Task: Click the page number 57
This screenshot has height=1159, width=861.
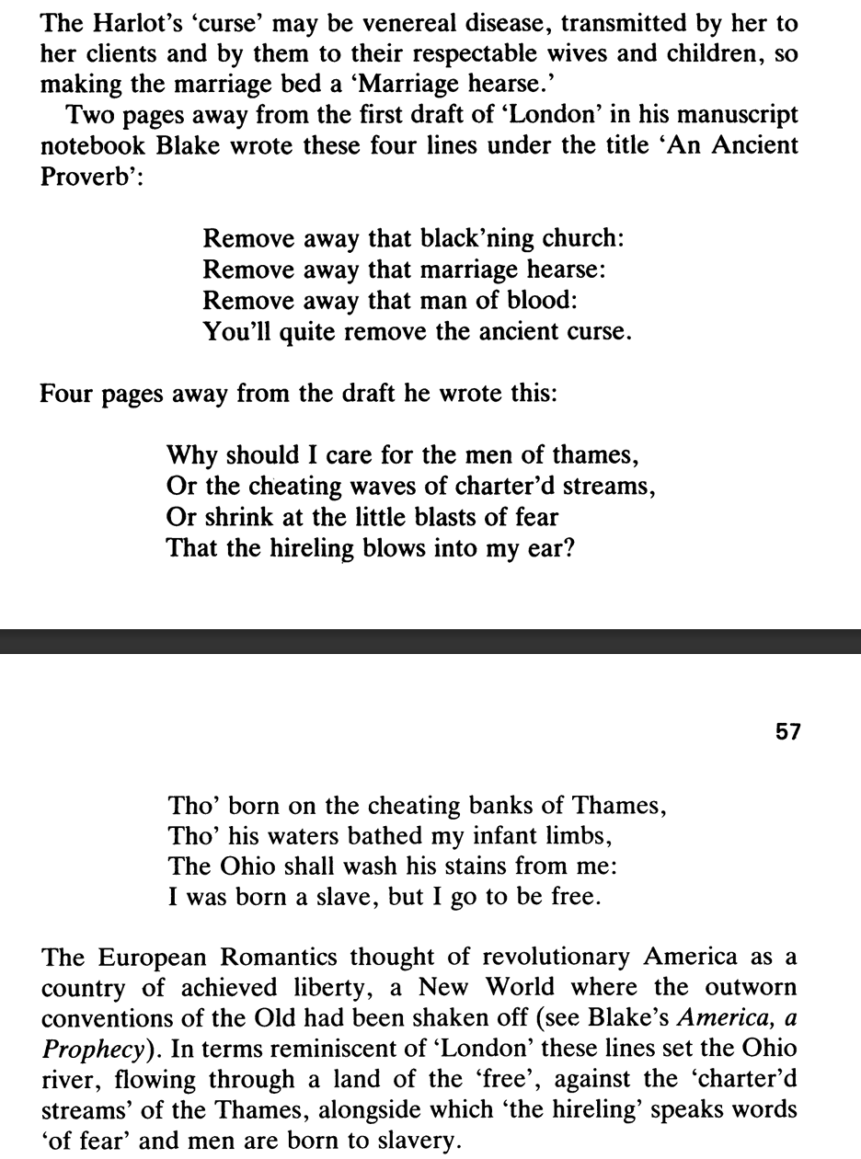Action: coord(788,732)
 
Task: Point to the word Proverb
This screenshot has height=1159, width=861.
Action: coord(78,177)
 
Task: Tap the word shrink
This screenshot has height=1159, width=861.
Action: coord(245,517)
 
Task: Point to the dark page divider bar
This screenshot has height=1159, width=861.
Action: coord(430,641)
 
